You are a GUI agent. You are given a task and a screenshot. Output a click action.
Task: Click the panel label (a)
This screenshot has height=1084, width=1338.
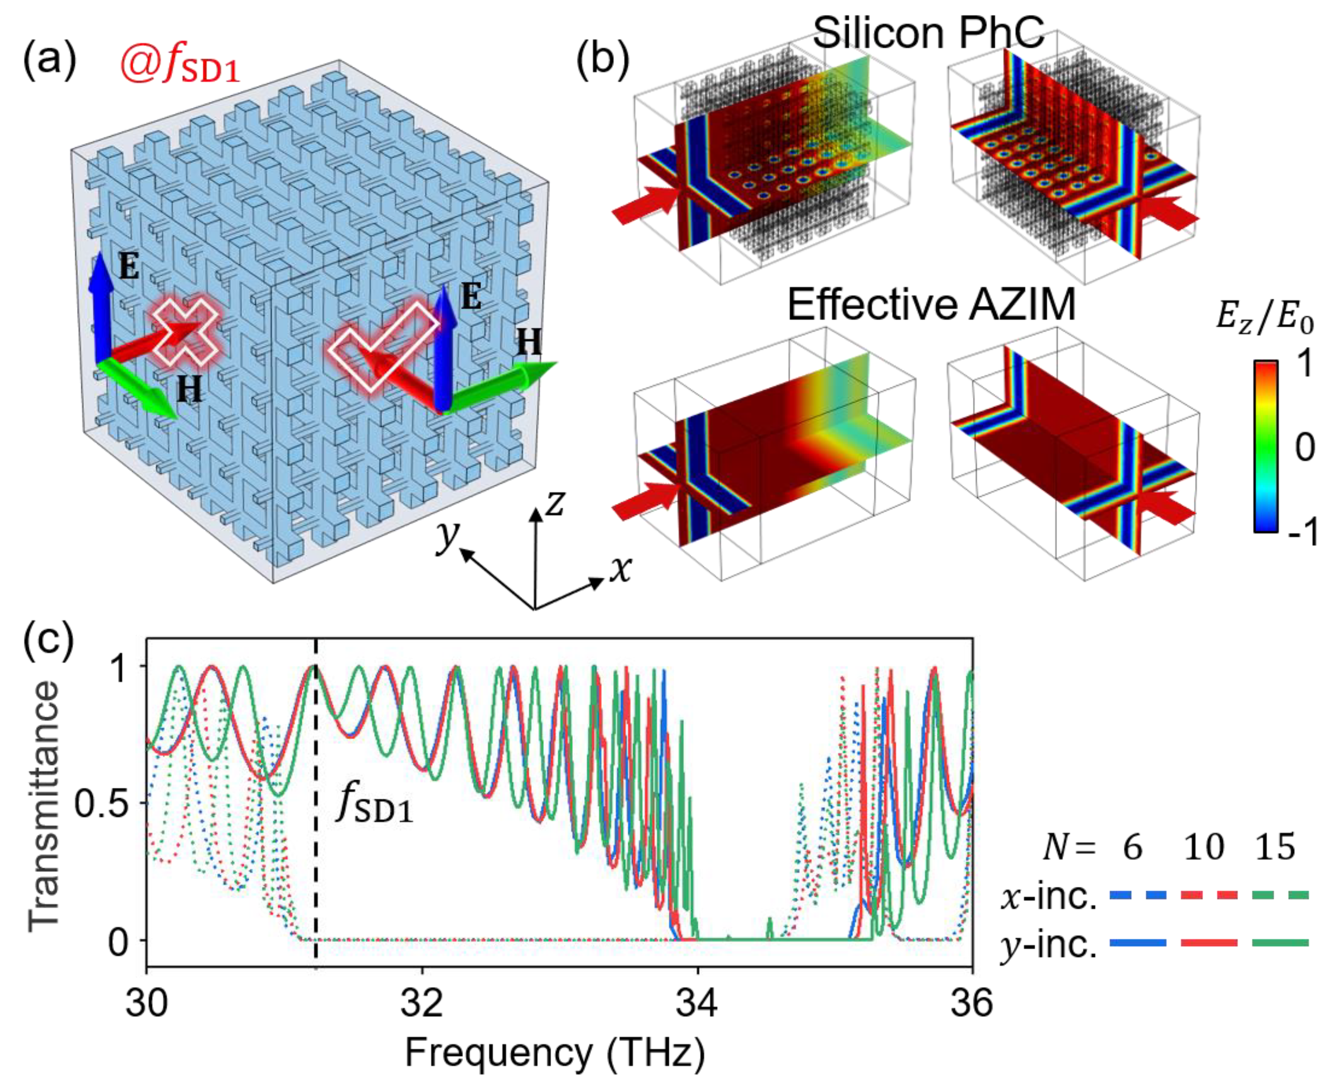coord(50,61)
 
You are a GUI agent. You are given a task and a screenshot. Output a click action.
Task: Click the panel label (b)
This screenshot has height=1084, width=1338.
coord(602,61)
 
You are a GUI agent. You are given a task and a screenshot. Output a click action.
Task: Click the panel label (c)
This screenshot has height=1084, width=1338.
coord(49,644)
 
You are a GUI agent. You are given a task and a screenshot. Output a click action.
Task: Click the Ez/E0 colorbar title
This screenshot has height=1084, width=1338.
coord(1264,319)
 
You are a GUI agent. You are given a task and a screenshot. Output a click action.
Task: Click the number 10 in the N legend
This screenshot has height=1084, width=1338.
coord(1204,847)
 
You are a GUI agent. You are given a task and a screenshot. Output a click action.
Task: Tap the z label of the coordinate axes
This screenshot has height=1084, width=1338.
coord(555,503)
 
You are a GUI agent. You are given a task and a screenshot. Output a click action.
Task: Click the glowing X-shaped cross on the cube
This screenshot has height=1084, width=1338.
coord(186,333)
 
